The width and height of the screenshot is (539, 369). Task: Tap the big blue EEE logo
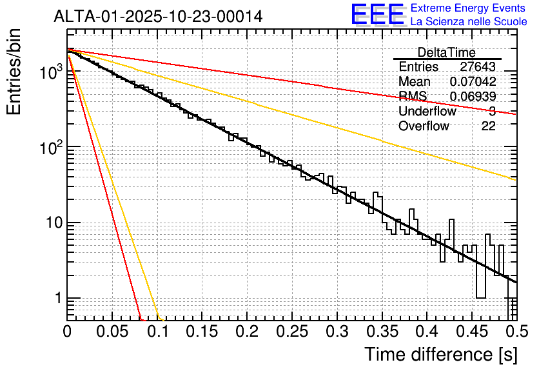(x=377, y=15)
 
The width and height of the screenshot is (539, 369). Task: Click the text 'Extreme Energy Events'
(x=469, y=8)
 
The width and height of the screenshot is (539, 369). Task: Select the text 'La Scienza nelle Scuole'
(x=469, y=22)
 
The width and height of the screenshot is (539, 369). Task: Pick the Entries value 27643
(x=478, y=67)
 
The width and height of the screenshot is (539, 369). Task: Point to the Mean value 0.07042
(x=473, y=82)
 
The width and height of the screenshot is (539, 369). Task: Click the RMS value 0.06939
(x=473, y=97)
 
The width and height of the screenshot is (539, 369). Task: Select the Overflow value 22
(x=488, y=126)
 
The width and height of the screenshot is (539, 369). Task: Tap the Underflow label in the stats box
(x=427, y=112)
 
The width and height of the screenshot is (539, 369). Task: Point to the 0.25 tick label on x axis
(x=291, y=332)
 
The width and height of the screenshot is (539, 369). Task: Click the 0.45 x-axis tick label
(x=471, y=332)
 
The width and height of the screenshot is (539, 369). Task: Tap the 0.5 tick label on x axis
(x=514, y=332)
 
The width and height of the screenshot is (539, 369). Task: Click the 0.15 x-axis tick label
(x=202, y=332)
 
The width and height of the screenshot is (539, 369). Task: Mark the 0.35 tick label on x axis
(x=381, y=332)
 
